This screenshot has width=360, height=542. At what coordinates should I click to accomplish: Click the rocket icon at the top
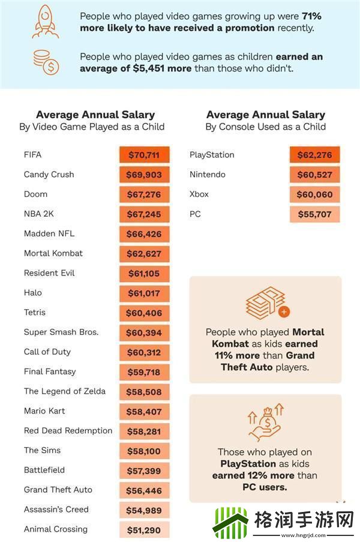tap(45, 22)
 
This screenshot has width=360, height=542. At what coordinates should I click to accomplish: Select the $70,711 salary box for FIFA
tap(144, 155)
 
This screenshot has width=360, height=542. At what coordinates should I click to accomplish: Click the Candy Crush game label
tap(49, 175)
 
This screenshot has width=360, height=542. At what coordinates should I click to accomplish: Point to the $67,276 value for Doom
tap(144, 194)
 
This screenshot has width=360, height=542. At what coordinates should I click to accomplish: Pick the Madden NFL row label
tap(49, 233)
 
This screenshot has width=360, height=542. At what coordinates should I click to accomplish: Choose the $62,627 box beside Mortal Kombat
tap(144, 253)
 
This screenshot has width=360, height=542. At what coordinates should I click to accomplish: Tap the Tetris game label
tap(35, 313)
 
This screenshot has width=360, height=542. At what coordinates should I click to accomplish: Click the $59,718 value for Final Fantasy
tap(144, 372)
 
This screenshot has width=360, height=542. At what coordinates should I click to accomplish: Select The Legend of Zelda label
tap(65, 391)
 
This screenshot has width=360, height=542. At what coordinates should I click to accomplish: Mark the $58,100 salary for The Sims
tap(144, 451)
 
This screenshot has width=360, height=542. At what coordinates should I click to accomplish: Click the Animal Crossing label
tap(56, 529)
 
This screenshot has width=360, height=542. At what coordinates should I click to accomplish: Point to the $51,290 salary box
tap(144, 530)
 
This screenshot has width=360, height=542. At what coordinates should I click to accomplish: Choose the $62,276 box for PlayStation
tap(314, 155)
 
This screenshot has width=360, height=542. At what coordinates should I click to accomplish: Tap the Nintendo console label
tap(208, 175)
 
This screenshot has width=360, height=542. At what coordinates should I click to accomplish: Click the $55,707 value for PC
tap(314, 214)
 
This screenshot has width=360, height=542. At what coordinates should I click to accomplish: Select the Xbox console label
tap(200, 194)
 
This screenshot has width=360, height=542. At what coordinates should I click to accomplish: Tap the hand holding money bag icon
tap(265, 423)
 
